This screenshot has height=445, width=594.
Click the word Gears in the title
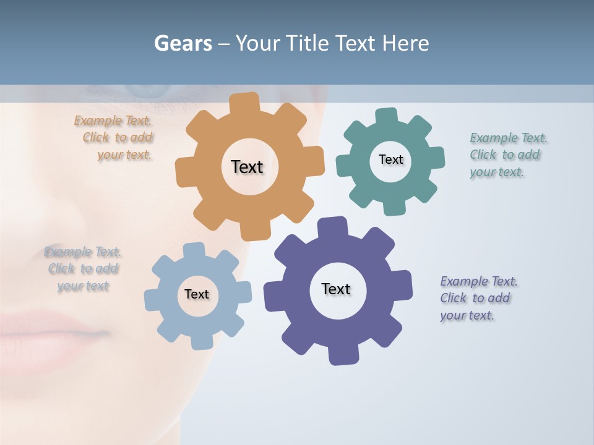click(x=183, y=43)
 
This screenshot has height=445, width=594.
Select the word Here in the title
click(x=405, y=43)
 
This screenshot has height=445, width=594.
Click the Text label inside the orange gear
click(x=247, y=167)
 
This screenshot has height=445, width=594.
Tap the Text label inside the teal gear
click(x=390, y=159)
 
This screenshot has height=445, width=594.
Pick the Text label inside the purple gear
click(x=336, y=289)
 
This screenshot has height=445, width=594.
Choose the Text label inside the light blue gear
click(x=197, y=294)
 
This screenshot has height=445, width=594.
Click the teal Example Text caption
click(x=507, y=155)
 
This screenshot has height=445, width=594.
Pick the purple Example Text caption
click(x=478, y=298)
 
